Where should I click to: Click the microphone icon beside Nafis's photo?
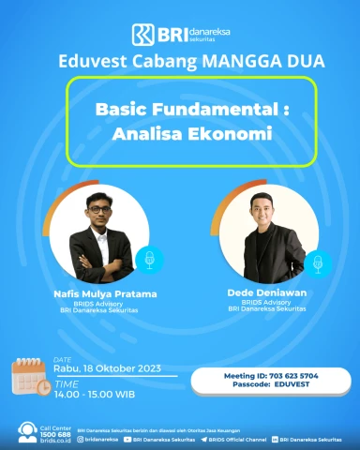click(145, 259)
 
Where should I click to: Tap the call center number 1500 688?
click(56, 434)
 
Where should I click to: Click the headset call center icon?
click(27, 432)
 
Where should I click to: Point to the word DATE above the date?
click(62, 358)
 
